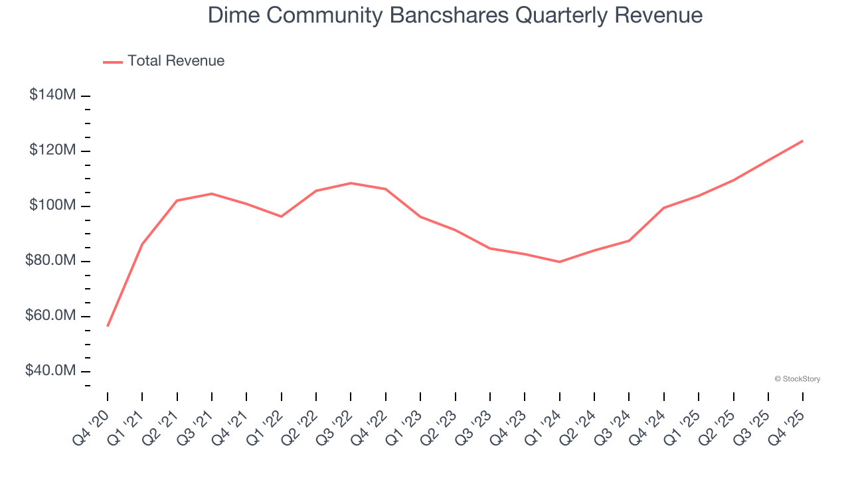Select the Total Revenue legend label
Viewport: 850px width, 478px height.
tap(176, 61)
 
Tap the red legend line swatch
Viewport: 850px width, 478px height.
tap(113, 62)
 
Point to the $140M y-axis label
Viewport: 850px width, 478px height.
tap(52, 96)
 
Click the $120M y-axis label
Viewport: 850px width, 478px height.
tap(52, 151)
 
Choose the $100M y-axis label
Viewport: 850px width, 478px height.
tap(52, 206)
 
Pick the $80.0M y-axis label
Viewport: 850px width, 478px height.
tap(50, 261)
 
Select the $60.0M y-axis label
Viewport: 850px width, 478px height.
tap(50, 316)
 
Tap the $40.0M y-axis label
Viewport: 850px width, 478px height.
tap(50, 371)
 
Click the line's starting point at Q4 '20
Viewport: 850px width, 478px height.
tap(108, 326)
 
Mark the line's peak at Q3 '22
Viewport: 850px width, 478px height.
tap(351, 183)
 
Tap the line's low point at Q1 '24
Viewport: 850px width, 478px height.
tap(559, 262)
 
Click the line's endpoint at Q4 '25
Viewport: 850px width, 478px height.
tap(802, 141)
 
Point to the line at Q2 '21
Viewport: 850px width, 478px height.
tap(177, 200)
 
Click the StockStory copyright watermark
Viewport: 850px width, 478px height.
tap(798, 379)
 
